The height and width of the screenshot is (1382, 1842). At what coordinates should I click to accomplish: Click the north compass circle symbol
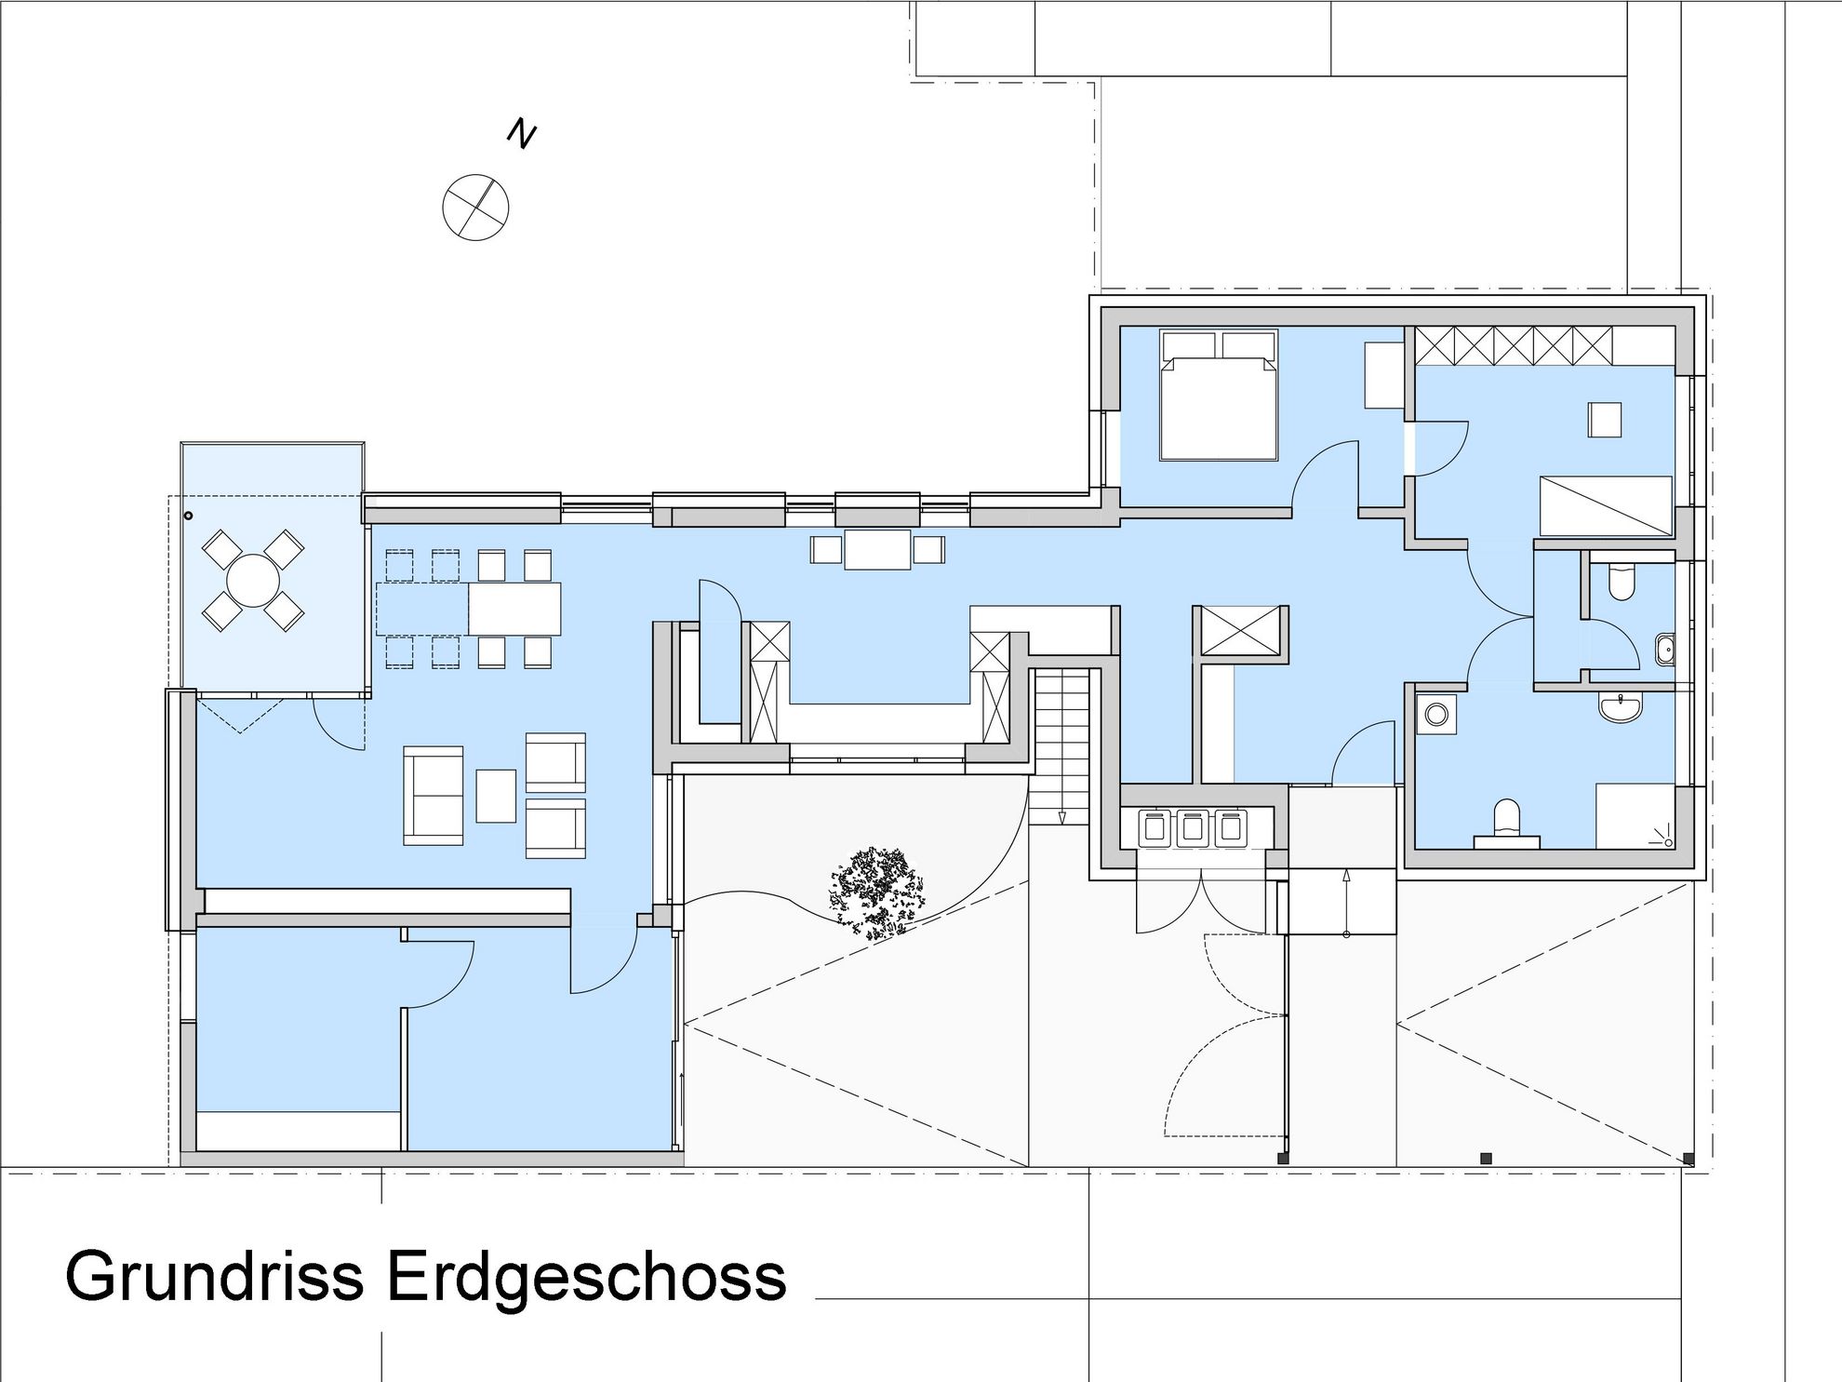(475, 207)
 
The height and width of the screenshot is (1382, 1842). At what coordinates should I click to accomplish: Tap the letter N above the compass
(522, 134)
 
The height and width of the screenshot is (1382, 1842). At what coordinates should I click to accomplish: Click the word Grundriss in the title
(215, 1277)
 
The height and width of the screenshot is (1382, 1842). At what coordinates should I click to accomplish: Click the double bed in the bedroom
(1219, 395)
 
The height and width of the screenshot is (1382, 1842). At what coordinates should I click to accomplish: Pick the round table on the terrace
(254, 581)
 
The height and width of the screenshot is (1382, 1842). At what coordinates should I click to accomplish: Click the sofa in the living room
(434, 795)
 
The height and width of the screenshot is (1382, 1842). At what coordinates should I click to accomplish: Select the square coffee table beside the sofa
(496, 796)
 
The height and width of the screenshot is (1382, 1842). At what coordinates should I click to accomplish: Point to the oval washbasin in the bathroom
(1622, 706)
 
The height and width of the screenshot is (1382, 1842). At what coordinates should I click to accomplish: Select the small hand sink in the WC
(1664, 650)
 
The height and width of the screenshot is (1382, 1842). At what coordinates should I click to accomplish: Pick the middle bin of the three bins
(1193, 827)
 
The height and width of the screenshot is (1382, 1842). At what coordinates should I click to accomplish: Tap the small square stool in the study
(1606, 420)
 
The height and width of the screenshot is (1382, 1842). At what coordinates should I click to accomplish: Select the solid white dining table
(514, 609)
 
